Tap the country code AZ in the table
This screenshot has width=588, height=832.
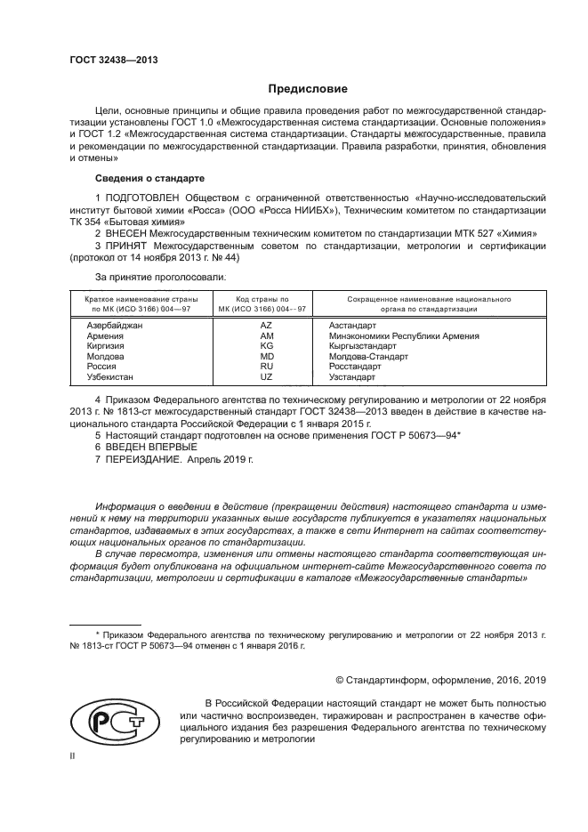coord(266,327)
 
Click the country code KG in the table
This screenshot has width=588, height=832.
coord(266,346)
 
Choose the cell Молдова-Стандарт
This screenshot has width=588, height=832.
coord(368,356)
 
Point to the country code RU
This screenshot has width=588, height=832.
coord(266,366)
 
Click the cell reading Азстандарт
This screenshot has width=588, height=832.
coord(355,327)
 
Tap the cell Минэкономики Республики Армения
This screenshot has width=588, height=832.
coord(404,336)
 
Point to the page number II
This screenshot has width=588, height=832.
coord(73,755)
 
